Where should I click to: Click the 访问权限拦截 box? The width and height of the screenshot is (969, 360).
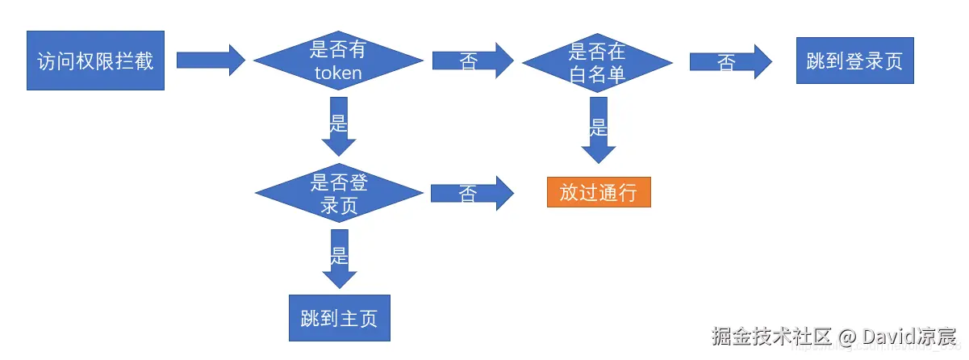95,61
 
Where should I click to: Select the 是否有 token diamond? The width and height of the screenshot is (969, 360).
338,61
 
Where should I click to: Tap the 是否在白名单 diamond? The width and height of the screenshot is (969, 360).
597,63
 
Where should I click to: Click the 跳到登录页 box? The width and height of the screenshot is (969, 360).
854,61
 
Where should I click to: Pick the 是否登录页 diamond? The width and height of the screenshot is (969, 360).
339,193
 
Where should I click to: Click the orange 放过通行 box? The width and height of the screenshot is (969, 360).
599,193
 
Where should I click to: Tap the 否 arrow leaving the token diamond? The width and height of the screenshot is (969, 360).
473,61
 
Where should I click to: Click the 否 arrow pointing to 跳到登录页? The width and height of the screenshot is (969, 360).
731,61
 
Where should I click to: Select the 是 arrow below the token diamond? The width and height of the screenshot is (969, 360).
339,126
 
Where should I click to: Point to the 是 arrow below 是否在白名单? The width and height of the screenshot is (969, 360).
598,129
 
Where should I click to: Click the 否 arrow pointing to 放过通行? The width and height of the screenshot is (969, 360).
472,194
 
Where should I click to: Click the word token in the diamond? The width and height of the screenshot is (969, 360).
338,73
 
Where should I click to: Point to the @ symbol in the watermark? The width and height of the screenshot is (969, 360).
846,337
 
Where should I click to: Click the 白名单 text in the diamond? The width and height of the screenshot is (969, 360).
598,75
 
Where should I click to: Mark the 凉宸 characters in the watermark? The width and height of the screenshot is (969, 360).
937,336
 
